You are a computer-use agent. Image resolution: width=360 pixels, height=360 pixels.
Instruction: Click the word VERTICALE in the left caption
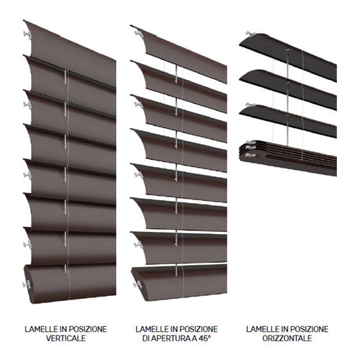(x=66, y=338)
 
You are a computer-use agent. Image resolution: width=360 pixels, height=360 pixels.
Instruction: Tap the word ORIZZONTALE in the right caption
(x=287, y=338)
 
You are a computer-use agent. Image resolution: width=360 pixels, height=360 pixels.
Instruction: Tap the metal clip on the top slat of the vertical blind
(x=27, y=35)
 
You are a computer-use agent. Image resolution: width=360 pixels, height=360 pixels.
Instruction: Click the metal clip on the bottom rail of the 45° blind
(x=138, y=284)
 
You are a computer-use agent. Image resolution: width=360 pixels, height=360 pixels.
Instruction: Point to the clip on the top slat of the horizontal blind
(x=251, y=34)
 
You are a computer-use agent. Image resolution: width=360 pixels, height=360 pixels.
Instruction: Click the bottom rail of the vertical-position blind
(x=70, y=283)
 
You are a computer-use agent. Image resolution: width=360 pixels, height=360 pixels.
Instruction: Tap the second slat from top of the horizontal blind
(x=288, y=89)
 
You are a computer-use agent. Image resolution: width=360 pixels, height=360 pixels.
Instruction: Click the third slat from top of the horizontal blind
(x=288, y=120)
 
